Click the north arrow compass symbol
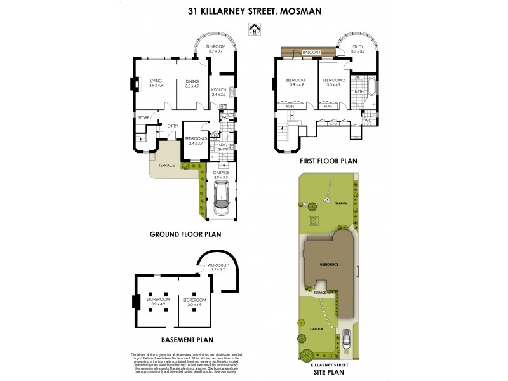coord(254,29)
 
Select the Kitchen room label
coord(218,91)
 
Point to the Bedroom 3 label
coord(195,139)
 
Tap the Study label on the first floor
coord(358,46)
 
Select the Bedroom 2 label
coord(333,79)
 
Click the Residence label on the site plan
coord(329,264)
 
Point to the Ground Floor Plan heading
coord(185,234)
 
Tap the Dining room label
coord(192,81)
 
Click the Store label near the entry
coord(143,118)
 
